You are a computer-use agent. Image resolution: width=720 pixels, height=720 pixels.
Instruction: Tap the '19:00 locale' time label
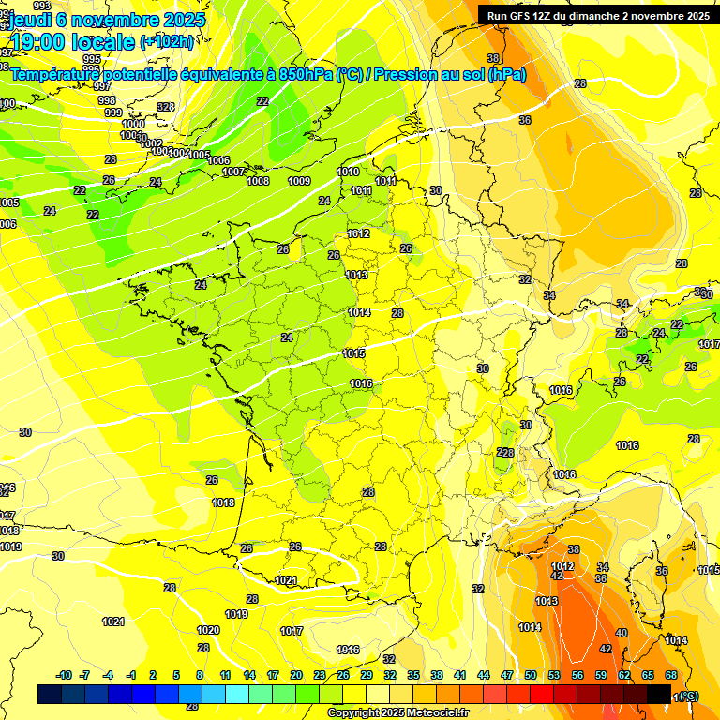tap(73, 42)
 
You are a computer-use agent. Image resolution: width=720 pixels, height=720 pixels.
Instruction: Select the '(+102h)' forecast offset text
tap(167, 42)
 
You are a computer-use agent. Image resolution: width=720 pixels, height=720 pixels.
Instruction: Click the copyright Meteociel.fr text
tap(397, 713)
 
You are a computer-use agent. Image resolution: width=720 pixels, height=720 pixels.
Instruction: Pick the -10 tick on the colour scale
tap(64, 675)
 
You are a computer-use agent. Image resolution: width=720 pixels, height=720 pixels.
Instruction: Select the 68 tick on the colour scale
tap(671, 675)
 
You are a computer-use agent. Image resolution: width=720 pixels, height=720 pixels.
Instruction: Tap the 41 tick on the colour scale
tap(460, 675)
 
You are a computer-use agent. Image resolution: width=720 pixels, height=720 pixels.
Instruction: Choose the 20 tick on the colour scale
tap(296, 675)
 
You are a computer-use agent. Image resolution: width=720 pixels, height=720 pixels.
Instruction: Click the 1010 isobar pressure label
tap(348, 172)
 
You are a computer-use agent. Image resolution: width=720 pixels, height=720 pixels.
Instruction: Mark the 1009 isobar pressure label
tap(299, 181)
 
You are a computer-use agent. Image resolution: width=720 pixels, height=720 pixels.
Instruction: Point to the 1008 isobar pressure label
tap(258, 181)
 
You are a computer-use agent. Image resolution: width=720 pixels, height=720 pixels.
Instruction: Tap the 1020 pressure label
tap(208, 630)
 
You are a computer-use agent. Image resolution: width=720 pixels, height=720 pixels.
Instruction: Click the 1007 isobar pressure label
tap(233, 172)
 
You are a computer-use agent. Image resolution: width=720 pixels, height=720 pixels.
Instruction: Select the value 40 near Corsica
tap(622, 633)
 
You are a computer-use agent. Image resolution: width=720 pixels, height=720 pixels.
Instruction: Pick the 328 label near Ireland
tap(166, 107)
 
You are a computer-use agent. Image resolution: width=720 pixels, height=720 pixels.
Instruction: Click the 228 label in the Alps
tap(504, 453)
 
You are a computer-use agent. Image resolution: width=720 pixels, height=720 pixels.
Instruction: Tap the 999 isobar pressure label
tap(113, 112)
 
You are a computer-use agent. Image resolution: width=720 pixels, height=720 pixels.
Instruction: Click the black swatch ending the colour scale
tap(659, 694)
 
